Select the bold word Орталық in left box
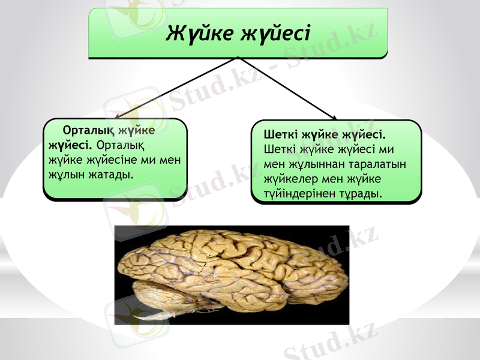(89, 131)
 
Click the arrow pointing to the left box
(174, 89)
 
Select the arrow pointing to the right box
(288, 89)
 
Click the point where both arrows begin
(239, 58)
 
